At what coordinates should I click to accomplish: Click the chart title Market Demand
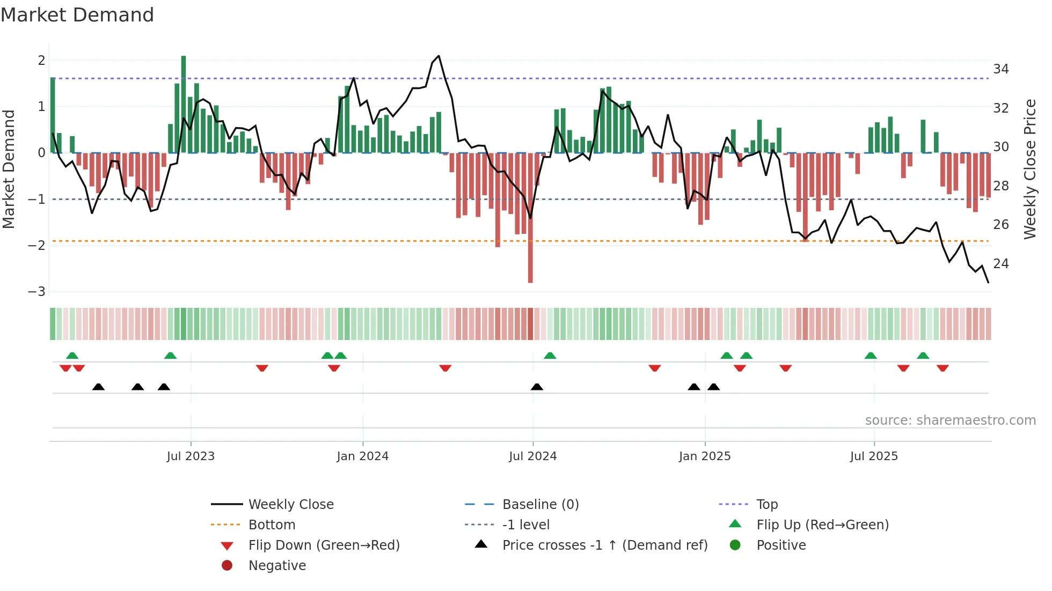(77, 15)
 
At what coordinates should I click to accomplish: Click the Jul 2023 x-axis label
(191, 456)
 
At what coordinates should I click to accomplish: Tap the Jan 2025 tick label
(704, 456)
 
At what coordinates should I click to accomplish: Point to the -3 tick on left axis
(37, 292)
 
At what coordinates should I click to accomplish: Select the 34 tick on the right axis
(1000, 69)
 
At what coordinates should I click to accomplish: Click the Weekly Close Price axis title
(1029, 169)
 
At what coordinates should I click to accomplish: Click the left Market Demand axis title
(9, 169)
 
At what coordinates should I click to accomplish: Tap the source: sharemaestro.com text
(950, 420)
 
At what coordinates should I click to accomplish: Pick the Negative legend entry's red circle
(227, 566)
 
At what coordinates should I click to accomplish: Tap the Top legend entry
(766, 505)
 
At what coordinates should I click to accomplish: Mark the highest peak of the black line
(439, 56)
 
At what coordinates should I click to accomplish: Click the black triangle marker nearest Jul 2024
(537, 387)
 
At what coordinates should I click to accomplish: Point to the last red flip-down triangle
(943, 368)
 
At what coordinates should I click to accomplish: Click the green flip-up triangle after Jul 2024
(550, 356)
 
